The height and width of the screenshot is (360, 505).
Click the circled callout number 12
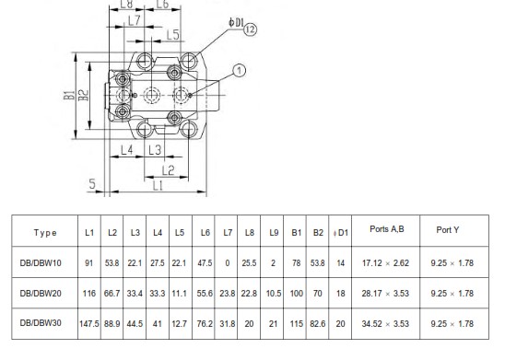[x=250, y=29]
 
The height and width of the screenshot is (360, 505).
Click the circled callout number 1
[x=239, y=71]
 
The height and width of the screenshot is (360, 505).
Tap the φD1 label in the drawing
[x=237, y=22]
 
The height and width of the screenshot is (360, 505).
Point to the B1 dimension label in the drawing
[x=69, y=95]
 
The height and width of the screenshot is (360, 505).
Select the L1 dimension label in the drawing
[x=158, y=186]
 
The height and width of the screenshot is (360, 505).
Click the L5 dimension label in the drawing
[x=172, y=35]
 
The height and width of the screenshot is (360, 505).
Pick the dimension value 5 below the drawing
[x=92, y=184]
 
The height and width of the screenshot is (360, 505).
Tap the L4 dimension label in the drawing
[x=127, y=150]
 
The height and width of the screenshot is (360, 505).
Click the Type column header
[x=45, y=233]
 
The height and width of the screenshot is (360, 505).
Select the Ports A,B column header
[x=387, y=229]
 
